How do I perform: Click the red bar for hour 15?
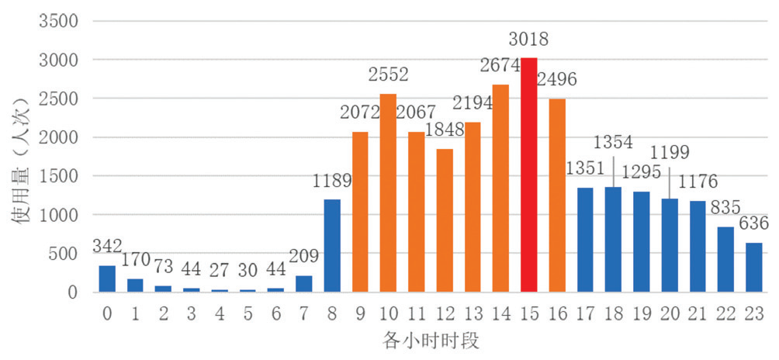[x=528, y=175]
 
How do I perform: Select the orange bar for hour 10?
[x=388, y=193]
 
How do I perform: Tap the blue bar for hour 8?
[x=331, y=246]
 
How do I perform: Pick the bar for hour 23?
[x=754, y=268]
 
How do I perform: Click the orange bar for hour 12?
[x=444, y=220]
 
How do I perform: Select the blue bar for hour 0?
[x=107, y=279]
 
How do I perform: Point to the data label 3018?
[x=528, y=39]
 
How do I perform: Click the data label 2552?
[x=388, y=75]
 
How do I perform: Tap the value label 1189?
[x=333, y=181]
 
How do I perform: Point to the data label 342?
[x=107, y=247]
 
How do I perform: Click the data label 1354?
[x=613, y=143]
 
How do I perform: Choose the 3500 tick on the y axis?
[x=59, y=21]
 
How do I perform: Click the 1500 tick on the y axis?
[x=59, y=176]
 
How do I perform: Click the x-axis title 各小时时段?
[x=430, y=340]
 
